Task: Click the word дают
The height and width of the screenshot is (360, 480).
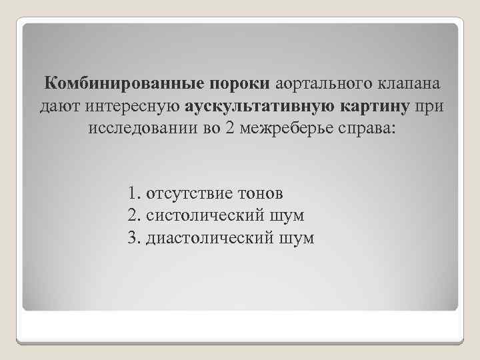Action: [61, 106]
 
